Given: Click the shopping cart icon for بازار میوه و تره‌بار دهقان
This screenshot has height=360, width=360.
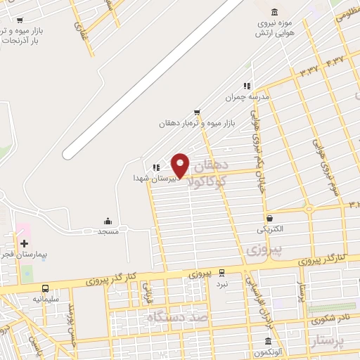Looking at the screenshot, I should [197, 112].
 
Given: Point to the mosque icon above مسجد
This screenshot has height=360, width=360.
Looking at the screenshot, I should [108, 220].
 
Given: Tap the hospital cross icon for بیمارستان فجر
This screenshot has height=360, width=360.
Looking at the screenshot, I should [24, 243].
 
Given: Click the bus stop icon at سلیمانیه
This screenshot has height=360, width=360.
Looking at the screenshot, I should [46, 288].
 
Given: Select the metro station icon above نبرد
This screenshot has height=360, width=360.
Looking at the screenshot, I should [221, 272].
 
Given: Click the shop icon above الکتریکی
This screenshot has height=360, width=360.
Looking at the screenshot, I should [270, 219].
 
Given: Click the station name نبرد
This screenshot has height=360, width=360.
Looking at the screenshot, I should [222, 285].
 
